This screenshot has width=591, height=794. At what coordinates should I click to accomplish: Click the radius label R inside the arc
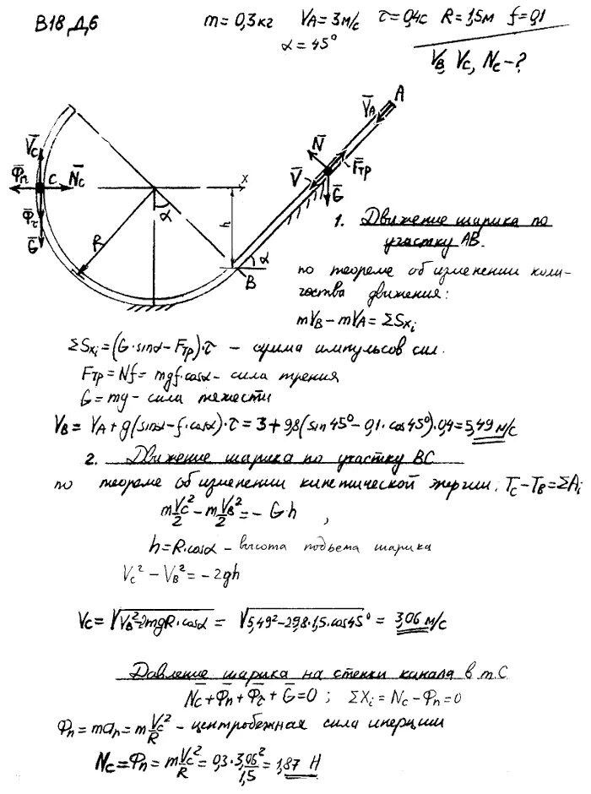(x=99, y=242)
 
